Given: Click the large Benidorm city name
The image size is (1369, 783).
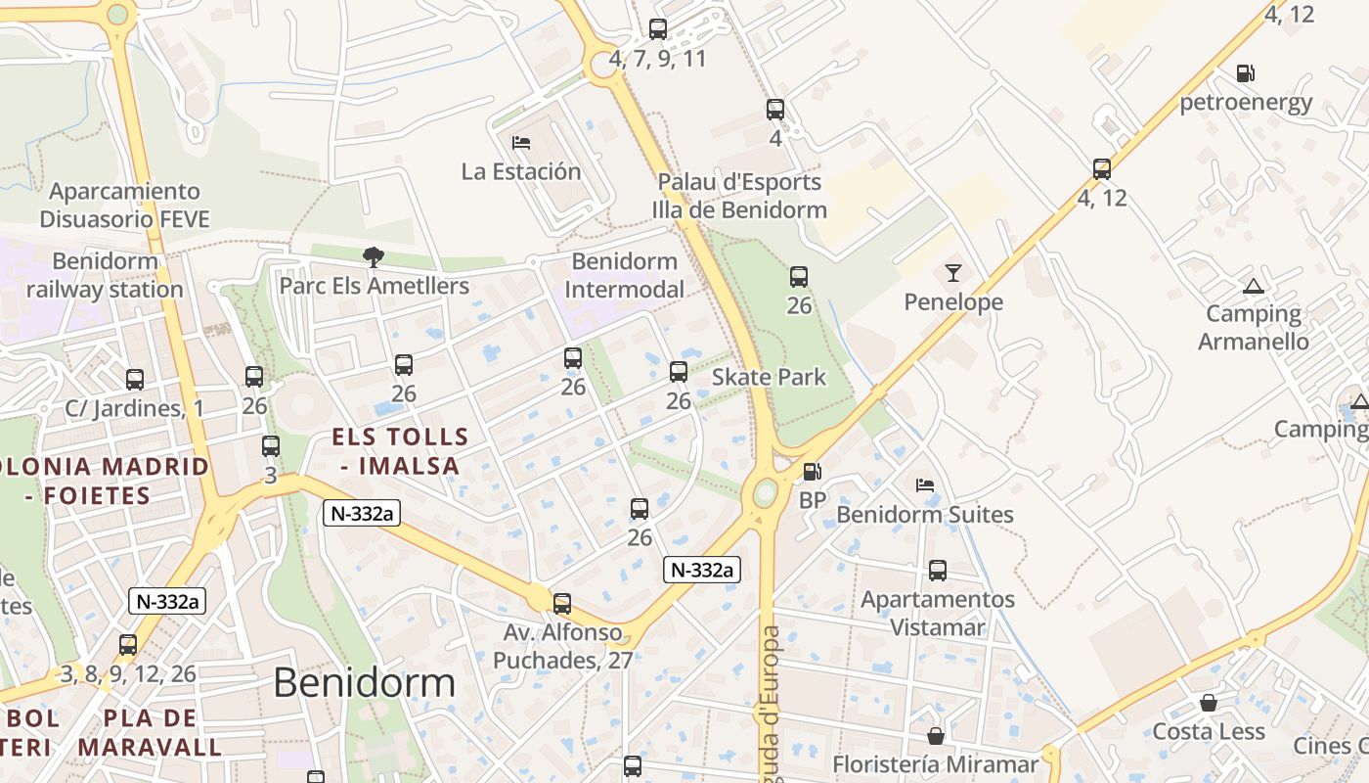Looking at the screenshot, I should (364, 682).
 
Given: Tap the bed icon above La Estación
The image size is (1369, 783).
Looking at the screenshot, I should (521, 143).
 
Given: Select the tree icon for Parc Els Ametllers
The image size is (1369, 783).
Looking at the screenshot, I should (373, 257).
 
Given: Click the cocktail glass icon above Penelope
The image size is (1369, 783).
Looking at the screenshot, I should (953, 273).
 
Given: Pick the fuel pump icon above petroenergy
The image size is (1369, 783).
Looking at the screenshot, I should (1245, 73).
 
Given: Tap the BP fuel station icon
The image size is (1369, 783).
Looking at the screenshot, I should (812, 472).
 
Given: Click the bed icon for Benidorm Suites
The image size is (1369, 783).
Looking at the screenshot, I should (924, 485).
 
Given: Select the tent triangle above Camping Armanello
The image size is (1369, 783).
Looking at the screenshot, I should (1253, 287).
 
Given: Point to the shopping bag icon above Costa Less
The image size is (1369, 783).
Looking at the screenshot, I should (1209, 704).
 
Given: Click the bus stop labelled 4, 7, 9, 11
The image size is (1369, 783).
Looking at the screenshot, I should (658, 29).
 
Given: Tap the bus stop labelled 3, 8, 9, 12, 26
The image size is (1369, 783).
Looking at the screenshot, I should (128, 645).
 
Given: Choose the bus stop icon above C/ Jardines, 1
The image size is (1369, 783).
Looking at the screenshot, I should (135, 379).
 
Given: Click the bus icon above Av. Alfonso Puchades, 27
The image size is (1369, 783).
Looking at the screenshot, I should (562, 604).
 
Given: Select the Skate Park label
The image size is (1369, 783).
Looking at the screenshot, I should (769, 377).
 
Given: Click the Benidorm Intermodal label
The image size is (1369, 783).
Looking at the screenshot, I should (624, 275).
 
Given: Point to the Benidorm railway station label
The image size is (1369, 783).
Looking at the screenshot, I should (105, 275).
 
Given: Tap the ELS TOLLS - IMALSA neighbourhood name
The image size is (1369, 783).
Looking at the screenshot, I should (400, 451).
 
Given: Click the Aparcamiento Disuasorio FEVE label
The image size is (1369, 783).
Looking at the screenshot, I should (124, 205).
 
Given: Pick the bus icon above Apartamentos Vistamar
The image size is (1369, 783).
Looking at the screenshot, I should (938, 570).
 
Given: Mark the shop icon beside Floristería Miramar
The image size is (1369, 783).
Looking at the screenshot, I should (936, 735).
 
